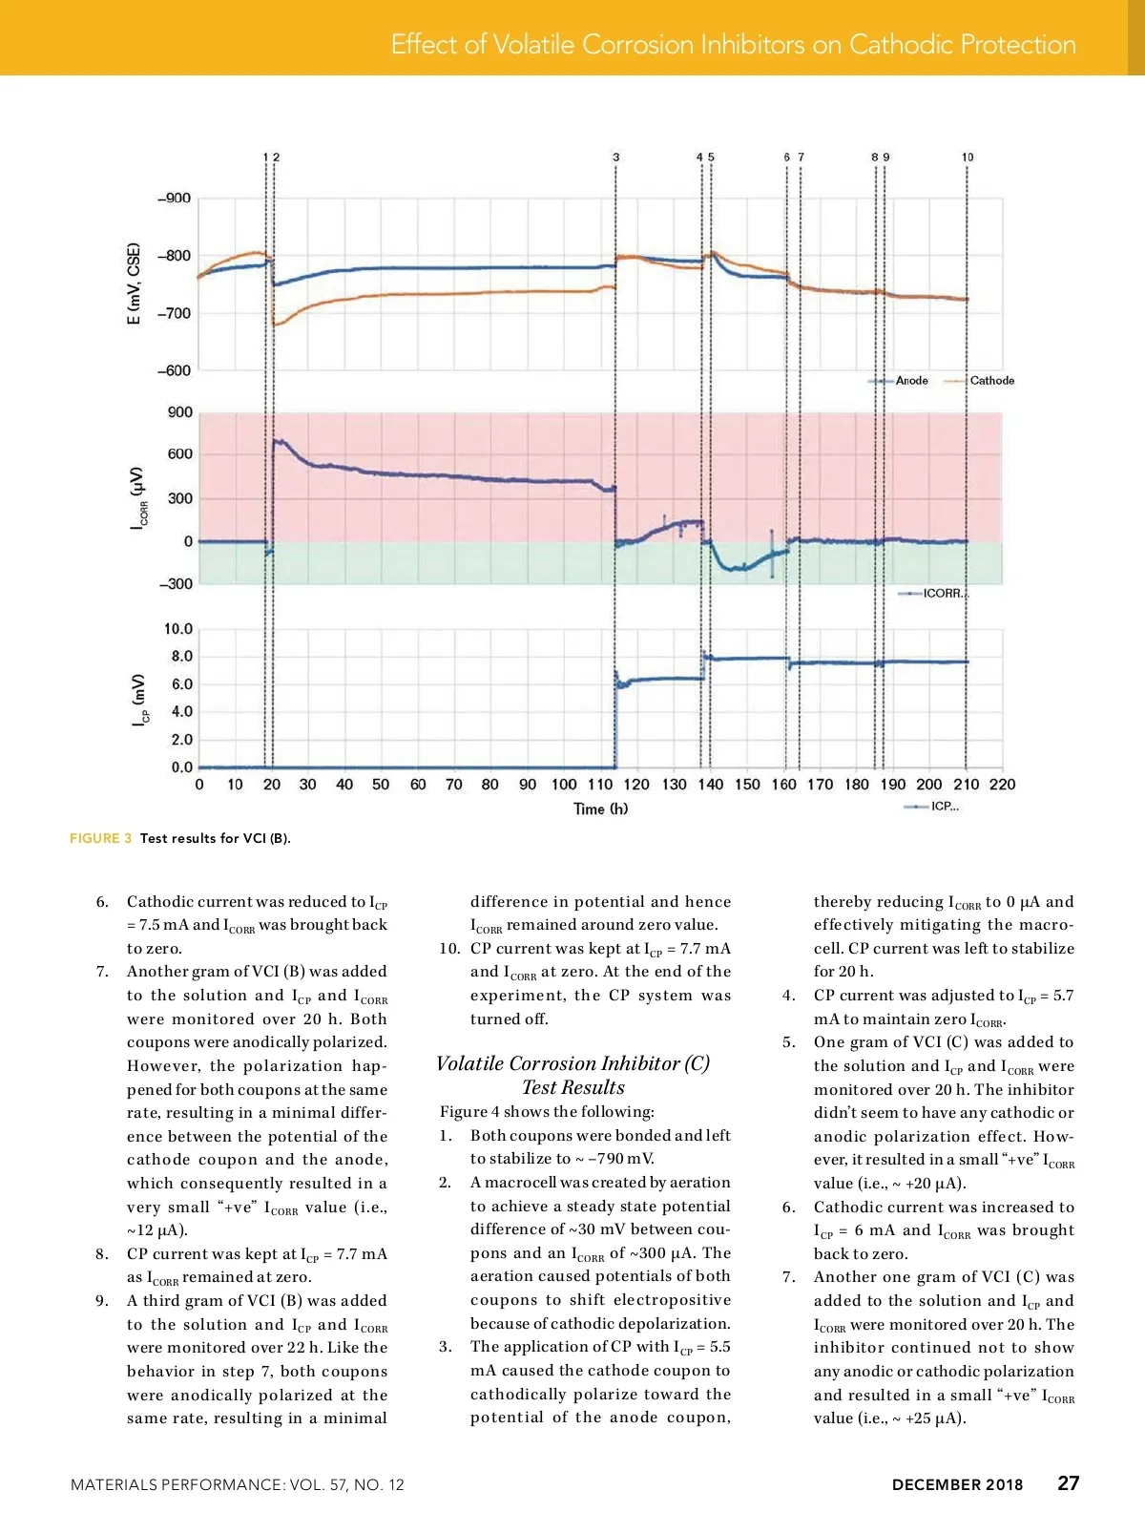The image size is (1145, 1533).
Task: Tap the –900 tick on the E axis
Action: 175,199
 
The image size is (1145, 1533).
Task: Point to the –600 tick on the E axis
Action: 175,370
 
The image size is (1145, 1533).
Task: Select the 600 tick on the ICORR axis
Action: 180,454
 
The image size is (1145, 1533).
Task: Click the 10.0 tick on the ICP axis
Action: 178,629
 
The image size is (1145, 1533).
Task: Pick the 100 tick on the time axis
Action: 564,785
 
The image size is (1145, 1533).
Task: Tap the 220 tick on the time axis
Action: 1003,785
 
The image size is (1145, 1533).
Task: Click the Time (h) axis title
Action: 601,809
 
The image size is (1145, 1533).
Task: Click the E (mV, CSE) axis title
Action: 134,283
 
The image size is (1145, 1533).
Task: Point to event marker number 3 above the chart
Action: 616,157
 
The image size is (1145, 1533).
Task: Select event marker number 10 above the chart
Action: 968,157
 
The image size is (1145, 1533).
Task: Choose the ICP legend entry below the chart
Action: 945,807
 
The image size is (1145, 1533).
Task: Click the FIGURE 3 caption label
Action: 100,839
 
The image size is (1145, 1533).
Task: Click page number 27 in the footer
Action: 1069,1483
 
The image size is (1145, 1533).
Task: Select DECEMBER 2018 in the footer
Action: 957,1485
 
